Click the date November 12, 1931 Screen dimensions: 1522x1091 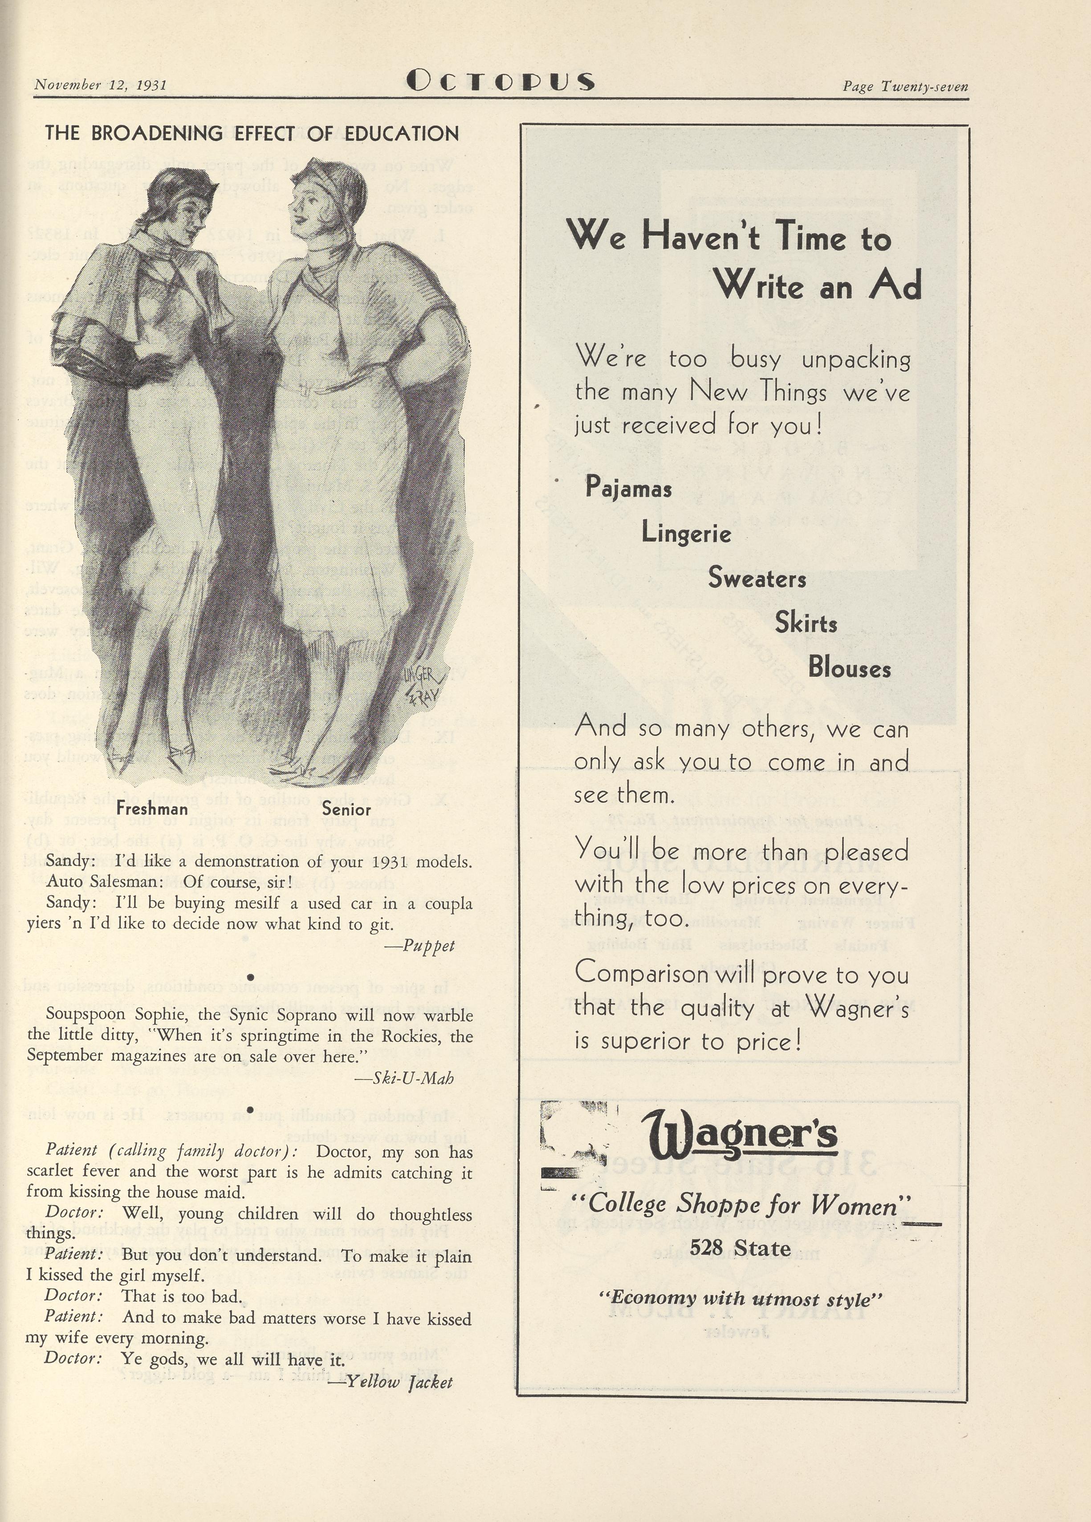point(101,85)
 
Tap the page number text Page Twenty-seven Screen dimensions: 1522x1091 point(905,87)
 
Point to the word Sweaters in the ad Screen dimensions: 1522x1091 point(757,579)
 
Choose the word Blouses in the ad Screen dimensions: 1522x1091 point(849,668)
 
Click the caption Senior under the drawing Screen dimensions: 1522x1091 point(346,810)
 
